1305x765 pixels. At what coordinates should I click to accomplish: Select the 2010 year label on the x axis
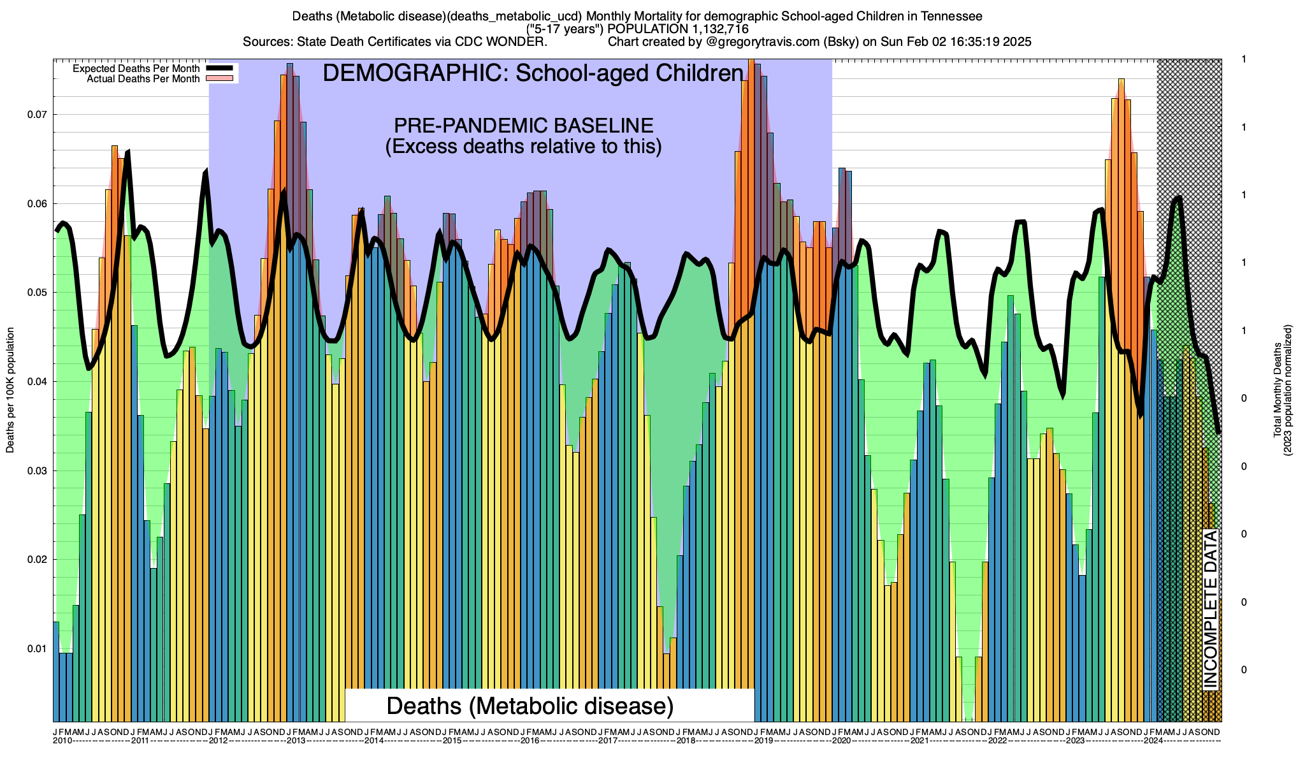tap(62, 741)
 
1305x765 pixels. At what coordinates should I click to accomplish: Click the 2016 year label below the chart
tap(530, 741)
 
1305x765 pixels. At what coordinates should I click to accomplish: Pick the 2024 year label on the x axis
tap(1153, 741)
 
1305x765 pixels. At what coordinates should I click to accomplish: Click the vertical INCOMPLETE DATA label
tap(1210, 609)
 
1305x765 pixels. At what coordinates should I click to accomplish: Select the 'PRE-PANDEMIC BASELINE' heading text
tap(523, 126)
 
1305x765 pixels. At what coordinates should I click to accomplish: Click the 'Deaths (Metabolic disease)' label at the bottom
tap(530, 706)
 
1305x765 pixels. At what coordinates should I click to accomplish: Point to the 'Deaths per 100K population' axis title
tap(10, 390)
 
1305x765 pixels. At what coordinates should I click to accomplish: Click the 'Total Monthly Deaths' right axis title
tap(1277, 390)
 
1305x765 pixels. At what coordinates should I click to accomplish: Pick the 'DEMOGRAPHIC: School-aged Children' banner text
tap(533, 73)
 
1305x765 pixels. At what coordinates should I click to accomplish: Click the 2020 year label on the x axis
tap(842, 741)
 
